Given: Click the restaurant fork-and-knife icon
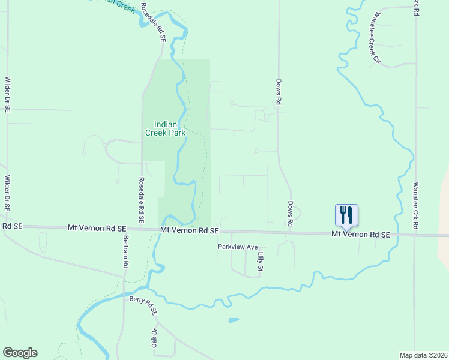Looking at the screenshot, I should point(346,215).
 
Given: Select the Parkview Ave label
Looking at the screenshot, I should point(237,247).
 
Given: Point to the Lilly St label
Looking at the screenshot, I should point(261,262).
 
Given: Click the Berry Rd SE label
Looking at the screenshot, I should point(143,305).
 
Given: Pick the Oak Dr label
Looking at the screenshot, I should point(154,338).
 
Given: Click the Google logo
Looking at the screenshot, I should point(20,353).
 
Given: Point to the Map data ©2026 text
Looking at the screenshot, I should point(423,355).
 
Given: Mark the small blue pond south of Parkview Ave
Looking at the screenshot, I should point(233,320).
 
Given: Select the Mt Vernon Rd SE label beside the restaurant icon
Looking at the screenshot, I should point(361,234).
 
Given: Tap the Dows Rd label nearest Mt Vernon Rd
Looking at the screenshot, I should point(290,214).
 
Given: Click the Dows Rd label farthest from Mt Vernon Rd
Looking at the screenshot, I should point(279,93).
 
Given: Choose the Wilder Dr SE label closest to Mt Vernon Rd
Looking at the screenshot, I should point(8,193).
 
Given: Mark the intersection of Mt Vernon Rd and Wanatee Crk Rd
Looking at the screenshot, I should point(415,235).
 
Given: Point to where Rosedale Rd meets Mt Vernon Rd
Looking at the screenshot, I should point(142,229).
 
